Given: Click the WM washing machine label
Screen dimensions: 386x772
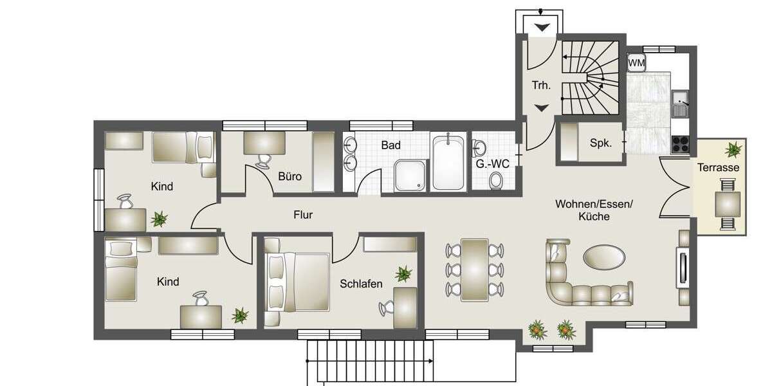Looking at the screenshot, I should (x=636, y=62).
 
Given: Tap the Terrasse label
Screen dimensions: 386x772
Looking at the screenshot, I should (x=718, y=167).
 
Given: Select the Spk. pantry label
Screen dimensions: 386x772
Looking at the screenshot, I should (x=600, y=143).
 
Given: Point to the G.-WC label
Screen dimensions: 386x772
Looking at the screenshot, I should (x=493, y=164).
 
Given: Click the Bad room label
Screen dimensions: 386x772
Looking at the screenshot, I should (x=391, y=145).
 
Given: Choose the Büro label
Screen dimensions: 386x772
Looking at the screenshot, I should (x=290, y=176).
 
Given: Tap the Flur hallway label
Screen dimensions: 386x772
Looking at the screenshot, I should (x=303, y=215).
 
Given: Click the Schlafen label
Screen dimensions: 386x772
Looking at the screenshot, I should (x=362, y=284).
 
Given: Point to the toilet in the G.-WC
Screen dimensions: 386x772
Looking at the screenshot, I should (x=496, y=182).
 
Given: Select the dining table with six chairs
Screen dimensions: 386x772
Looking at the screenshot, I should (x=475, y=270).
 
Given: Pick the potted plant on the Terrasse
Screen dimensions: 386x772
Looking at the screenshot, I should (x=732, y=150).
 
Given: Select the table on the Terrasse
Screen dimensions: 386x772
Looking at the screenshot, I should (x=728, y=205).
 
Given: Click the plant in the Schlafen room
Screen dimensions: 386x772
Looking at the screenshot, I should (x=403, y=274).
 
